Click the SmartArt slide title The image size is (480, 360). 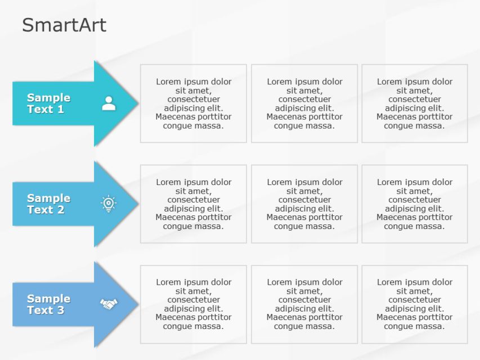point(64,25)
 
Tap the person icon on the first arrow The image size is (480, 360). point(109,103)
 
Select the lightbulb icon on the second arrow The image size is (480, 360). point(109,204)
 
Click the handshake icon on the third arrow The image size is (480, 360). point(109,304)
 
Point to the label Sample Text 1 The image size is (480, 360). point(48,103)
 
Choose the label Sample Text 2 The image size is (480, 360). point(48,204)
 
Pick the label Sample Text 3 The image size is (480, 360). point(48,304)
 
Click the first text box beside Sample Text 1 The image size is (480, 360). point(193,103)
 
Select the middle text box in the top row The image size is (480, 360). point(304,103)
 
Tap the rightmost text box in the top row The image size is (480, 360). point(414,103)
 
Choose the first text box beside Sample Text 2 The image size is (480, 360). point(193,204)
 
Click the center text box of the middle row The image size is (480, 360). point(304,204)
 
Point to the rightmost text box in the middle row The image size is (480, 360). point(414,204)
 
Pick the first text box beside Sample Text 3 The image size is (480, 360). point(193,304)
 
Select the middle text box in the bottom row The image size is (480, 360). point(304,304)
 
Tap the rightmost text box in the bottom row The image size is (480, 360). point(414,304)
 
